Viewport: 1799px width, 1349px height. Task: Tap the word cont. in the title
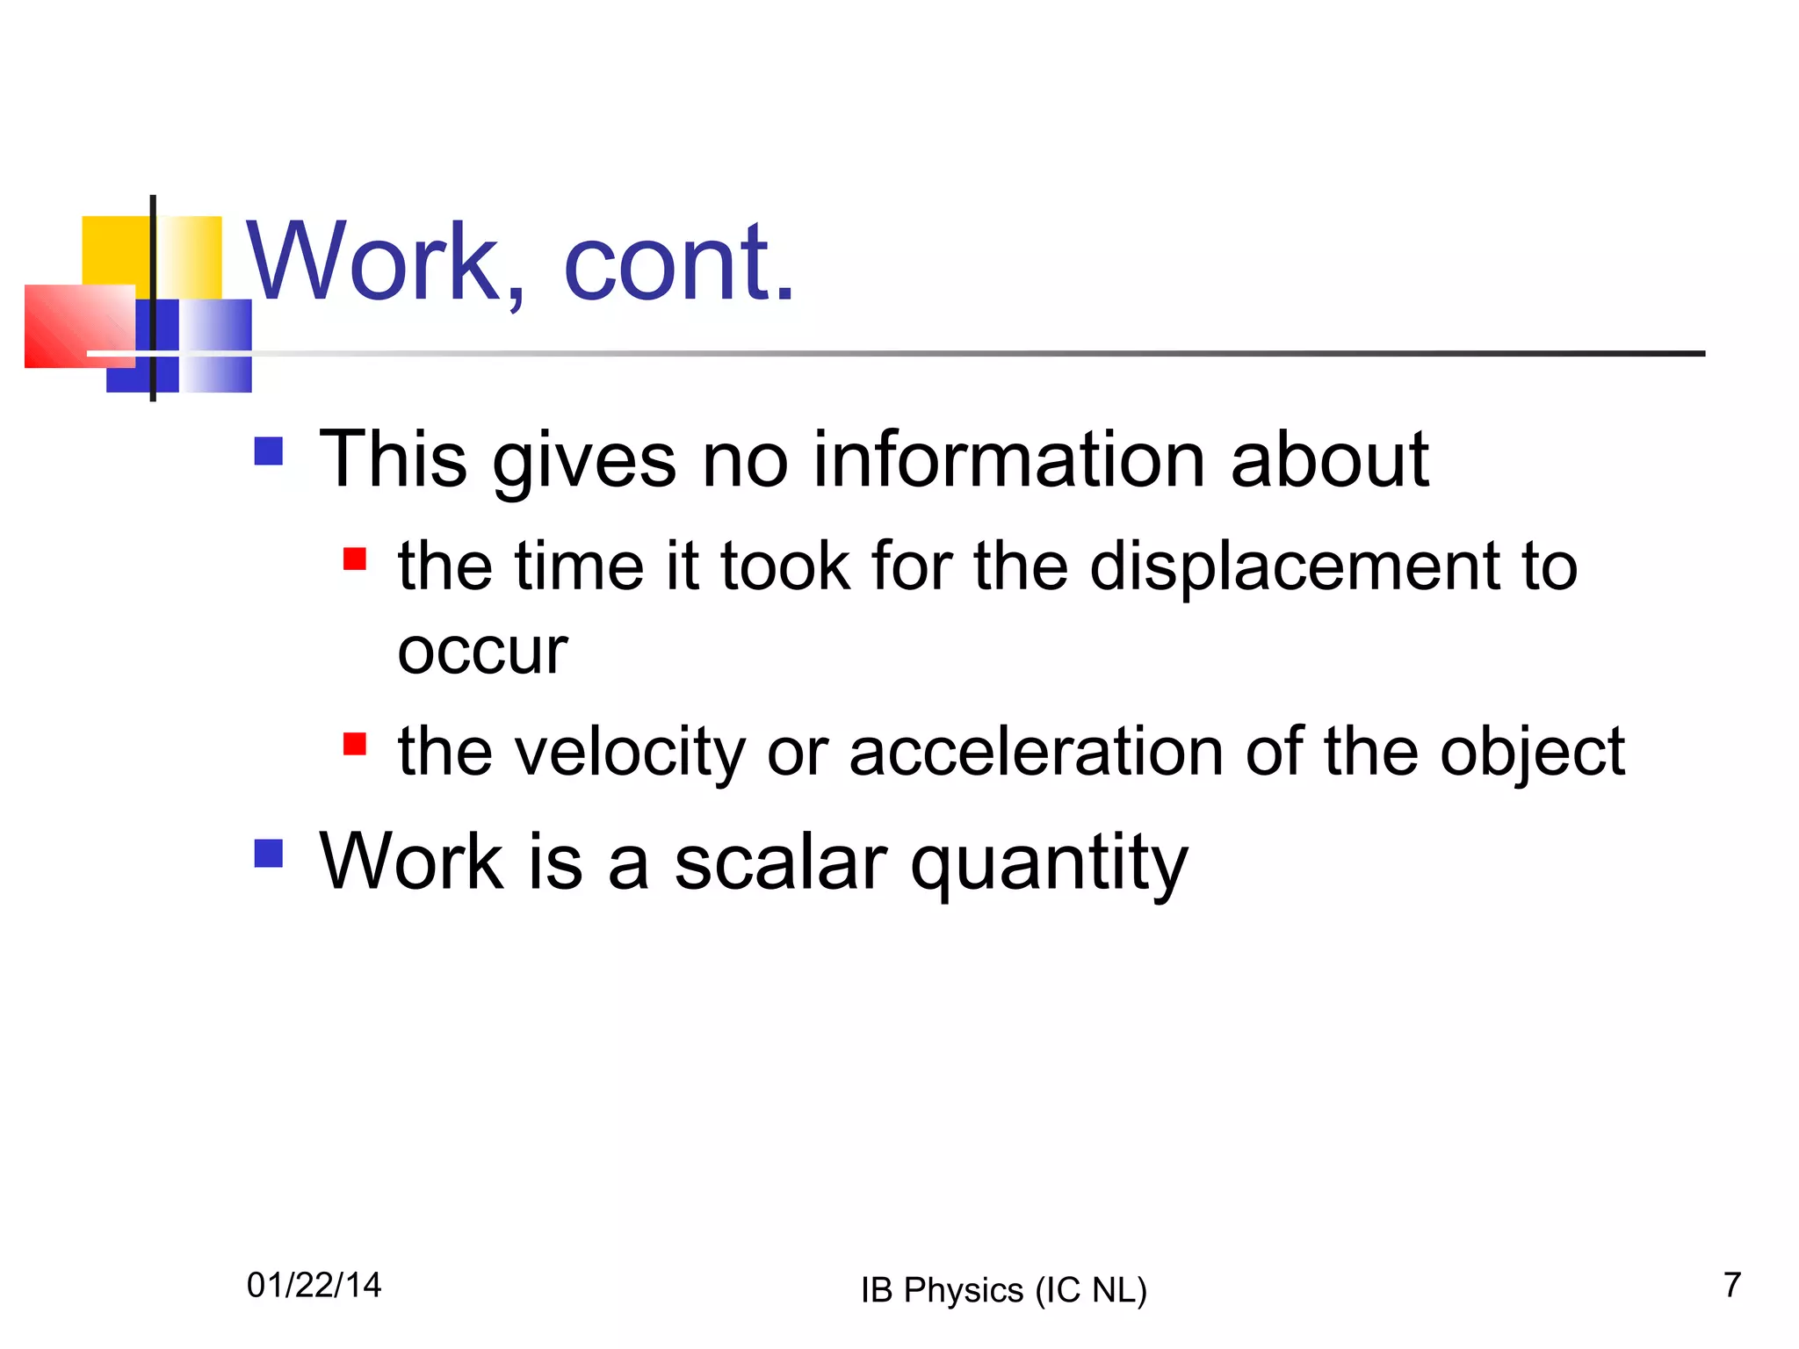click(678, 263)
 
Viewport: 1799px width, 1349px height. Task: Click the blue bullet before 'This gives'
click(268, 451)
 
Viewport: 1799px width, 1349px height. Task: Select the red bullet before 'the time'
click(354, 559)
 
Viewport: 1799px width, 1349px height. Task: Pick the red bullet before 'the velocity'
click(354, 744)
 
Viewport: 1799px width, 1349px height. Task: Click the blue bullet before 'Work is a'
click(268, 853)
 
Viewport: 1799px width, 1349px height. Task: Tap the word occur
click(482, 653)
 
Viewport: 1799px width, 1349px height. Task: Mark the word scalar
click(780, 862)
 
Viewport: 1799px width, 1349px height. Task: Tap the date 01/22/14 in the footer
click(314, 1285)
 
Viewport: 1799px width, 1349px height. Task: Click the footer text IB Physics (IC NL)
click(1003, 1290)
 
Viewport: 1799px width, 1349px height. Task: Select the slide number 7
click(1731, 1285)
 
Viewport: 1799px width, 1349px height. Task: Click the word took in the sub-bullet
click(785, 566)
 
